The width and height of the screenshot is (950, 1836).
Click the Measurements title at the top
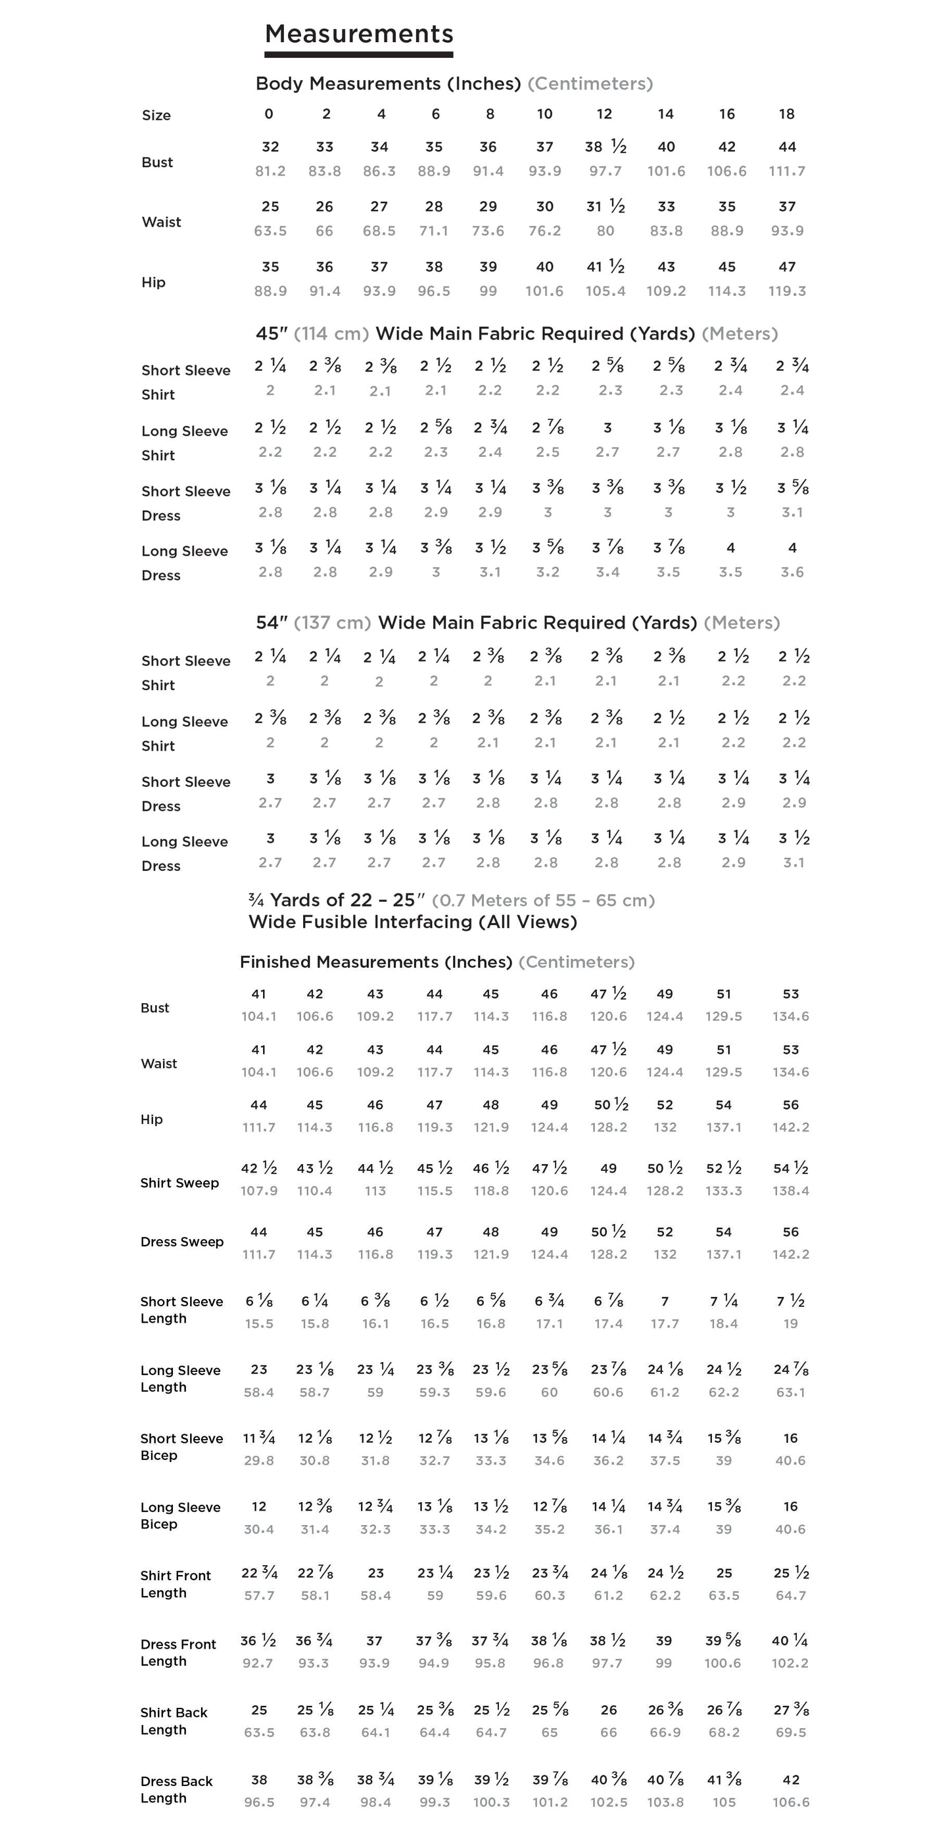(x=358, y=34)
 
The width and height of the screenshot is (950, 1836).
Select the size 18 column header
(x=786, y=114)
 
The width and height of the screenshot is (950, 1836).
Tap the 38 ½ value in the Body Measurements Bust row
(x=605, y=147)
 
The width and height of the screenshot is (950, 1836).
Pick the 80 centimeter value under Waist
(x=605, y=231)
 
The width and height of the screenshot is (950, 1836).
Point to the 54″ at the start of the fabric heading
(x=271, y=623)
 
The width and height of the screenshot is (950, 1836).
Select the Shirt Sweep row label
(x=179, y=1183)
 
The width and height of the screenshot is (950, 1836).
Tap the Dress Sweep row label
(x=181, y=1242)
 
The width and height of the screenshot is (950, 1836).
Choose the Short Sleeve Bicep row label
(x=181, y=1447)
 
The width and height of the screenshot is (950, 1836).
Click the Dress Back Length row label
(x=176, y=1789)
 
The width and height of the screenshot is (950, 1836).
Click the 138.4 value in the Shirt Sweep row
(x=790, y=1191)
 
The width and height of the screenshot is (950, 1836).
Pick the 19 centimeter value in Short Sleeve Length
(x=790, y=1323)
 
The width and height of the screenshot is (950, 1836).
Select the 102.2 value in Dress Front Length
(x=790, y=1663)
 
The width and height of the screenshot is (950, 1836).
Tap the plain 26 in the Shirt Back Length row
(x=609, y=1710)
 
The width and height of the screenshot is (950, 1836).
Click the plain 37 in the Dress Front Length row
(x=374, y=1641)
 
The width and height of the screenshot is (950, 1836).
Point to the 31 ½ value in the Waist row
(x=605, y=206)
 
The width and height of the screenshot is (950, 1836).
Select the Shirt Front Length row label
(x=176, y=1584)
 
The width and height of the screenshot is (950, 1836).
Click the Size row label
(x=156, y=116)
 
